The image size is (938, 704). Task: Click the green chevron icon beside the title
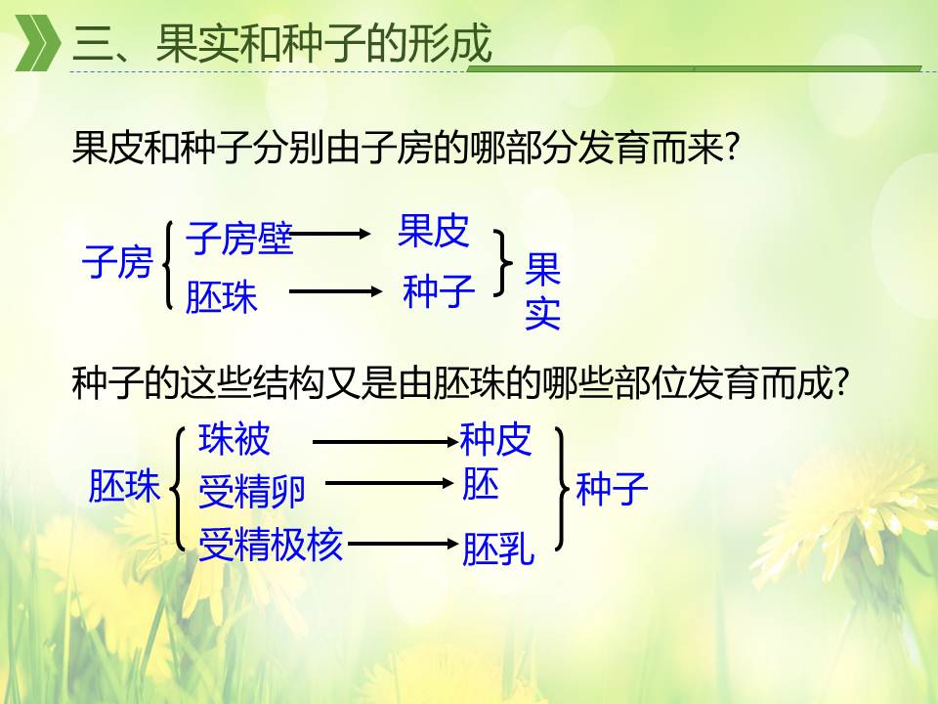pyautogui.click(x=37, y=42)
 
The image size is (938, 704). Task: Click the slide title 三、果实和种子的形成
pyautogui.click(x=281, y=43)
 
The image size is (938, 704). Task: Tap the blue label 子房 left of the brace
pyautogui.click(x=117, y=262)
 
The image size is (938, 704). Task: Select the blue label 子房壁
pyautogui.click(x=239, y=239)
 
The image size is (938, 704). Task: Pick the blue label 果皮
pyautogui.click(x=433, y=231)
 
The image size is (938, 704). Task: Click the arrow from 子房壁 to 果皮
pyautogui.click(x=328, y=234)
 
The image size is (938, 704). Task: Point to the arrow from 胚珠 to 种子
pyautogui.click(x=335, y=291)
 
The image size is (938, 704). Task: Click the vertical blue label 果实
pyautogui.click(x=542, y=291)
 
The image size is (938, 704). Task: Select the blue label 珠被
pyautogui.click(x=234, y=439)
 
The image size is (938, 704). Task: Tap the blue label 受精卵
pyautogui.click(x=252, y=491)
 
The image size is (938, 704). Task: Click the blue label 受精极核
pyautogui.click(x=271, y=545)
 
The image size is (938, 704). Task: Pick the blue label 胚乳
pyautogui.click(x=497, y=549)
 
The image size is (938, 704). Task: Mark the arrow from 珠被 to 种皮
pyautogui.click(x=385, y=442)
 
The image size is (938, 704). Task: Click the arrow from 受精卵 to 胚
pyautogui.click(x=390, y=483)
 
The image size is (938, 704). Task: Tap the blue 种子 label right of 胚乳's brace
pyautogui.click(x=612, y=489)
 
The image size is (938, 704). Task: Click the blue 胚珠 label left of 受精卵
pyautogui.click(x=124, y=485)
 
